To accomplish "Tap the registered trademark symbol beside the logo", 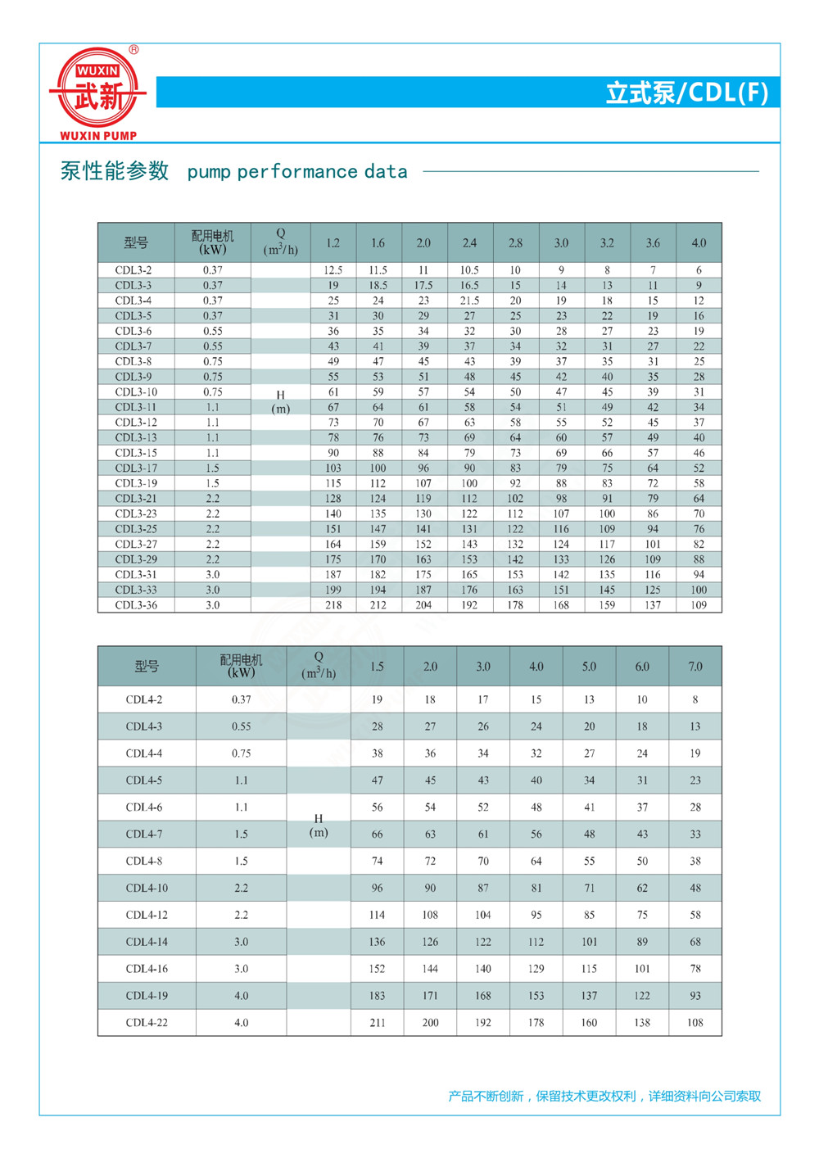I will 134,50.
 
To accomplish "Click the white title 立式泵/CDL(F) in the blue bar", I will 686,93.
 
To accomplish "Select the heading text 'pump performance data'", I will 297,172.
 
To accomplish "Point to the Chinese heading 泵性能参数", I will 115,170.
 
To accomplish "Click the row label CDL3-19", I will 136,483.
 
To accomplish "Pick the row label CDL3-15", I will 136,453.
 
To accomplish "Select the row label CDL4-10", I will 147,888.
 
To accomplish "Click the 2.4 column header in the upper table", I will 469,243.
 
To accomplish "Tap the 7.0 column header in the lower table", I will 695,667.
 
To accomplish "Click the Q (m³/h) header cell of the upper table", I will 281,242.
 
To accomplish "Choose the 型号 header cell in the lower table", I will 147,667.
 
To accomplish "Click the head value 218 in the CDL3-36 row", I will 333,605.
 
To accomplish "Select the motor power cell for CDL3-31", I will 212,575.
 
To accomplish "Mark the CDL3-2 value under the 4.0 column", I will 699,270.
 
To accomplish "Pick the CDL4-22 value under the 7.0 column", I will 695,1023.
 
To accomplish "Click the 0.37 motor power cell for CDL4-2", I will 241,699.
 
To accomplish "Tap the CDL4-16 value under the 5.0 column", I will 589,969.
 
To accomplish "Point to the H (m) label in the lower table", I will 319,826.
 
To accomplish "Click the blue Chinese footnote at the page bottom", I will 604,1096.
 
